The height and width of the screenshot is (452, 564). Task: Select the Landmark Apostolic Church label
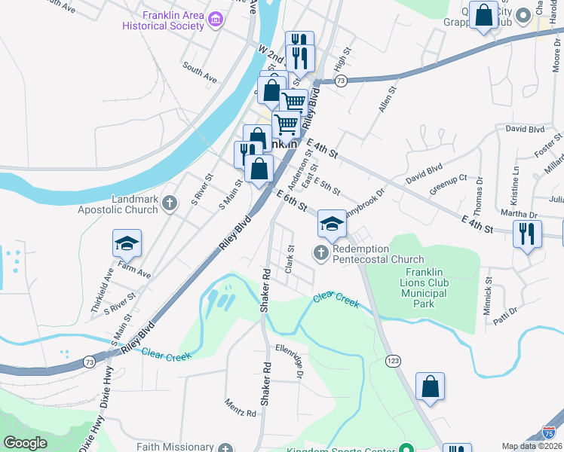[x=118, y=203]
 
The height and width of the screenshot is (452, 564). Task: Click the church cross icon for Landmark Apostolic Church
[x=170, y=203]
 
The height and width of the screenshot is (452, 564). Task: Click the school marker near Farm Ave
[x=127, y=244]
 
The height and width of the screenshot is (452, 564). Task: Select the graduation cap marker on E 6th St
[x=331, y=224]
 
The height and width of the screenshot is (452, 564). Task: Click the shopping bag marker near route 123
[x=430, y=387]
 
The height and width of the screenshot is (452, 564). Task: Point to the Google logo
[x=26, y=443]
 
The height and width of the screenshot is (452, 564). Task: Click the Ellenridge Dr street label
[x=290, y=362]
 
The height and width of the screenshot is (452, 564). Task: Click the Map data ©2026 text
[x=532, y=446]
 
